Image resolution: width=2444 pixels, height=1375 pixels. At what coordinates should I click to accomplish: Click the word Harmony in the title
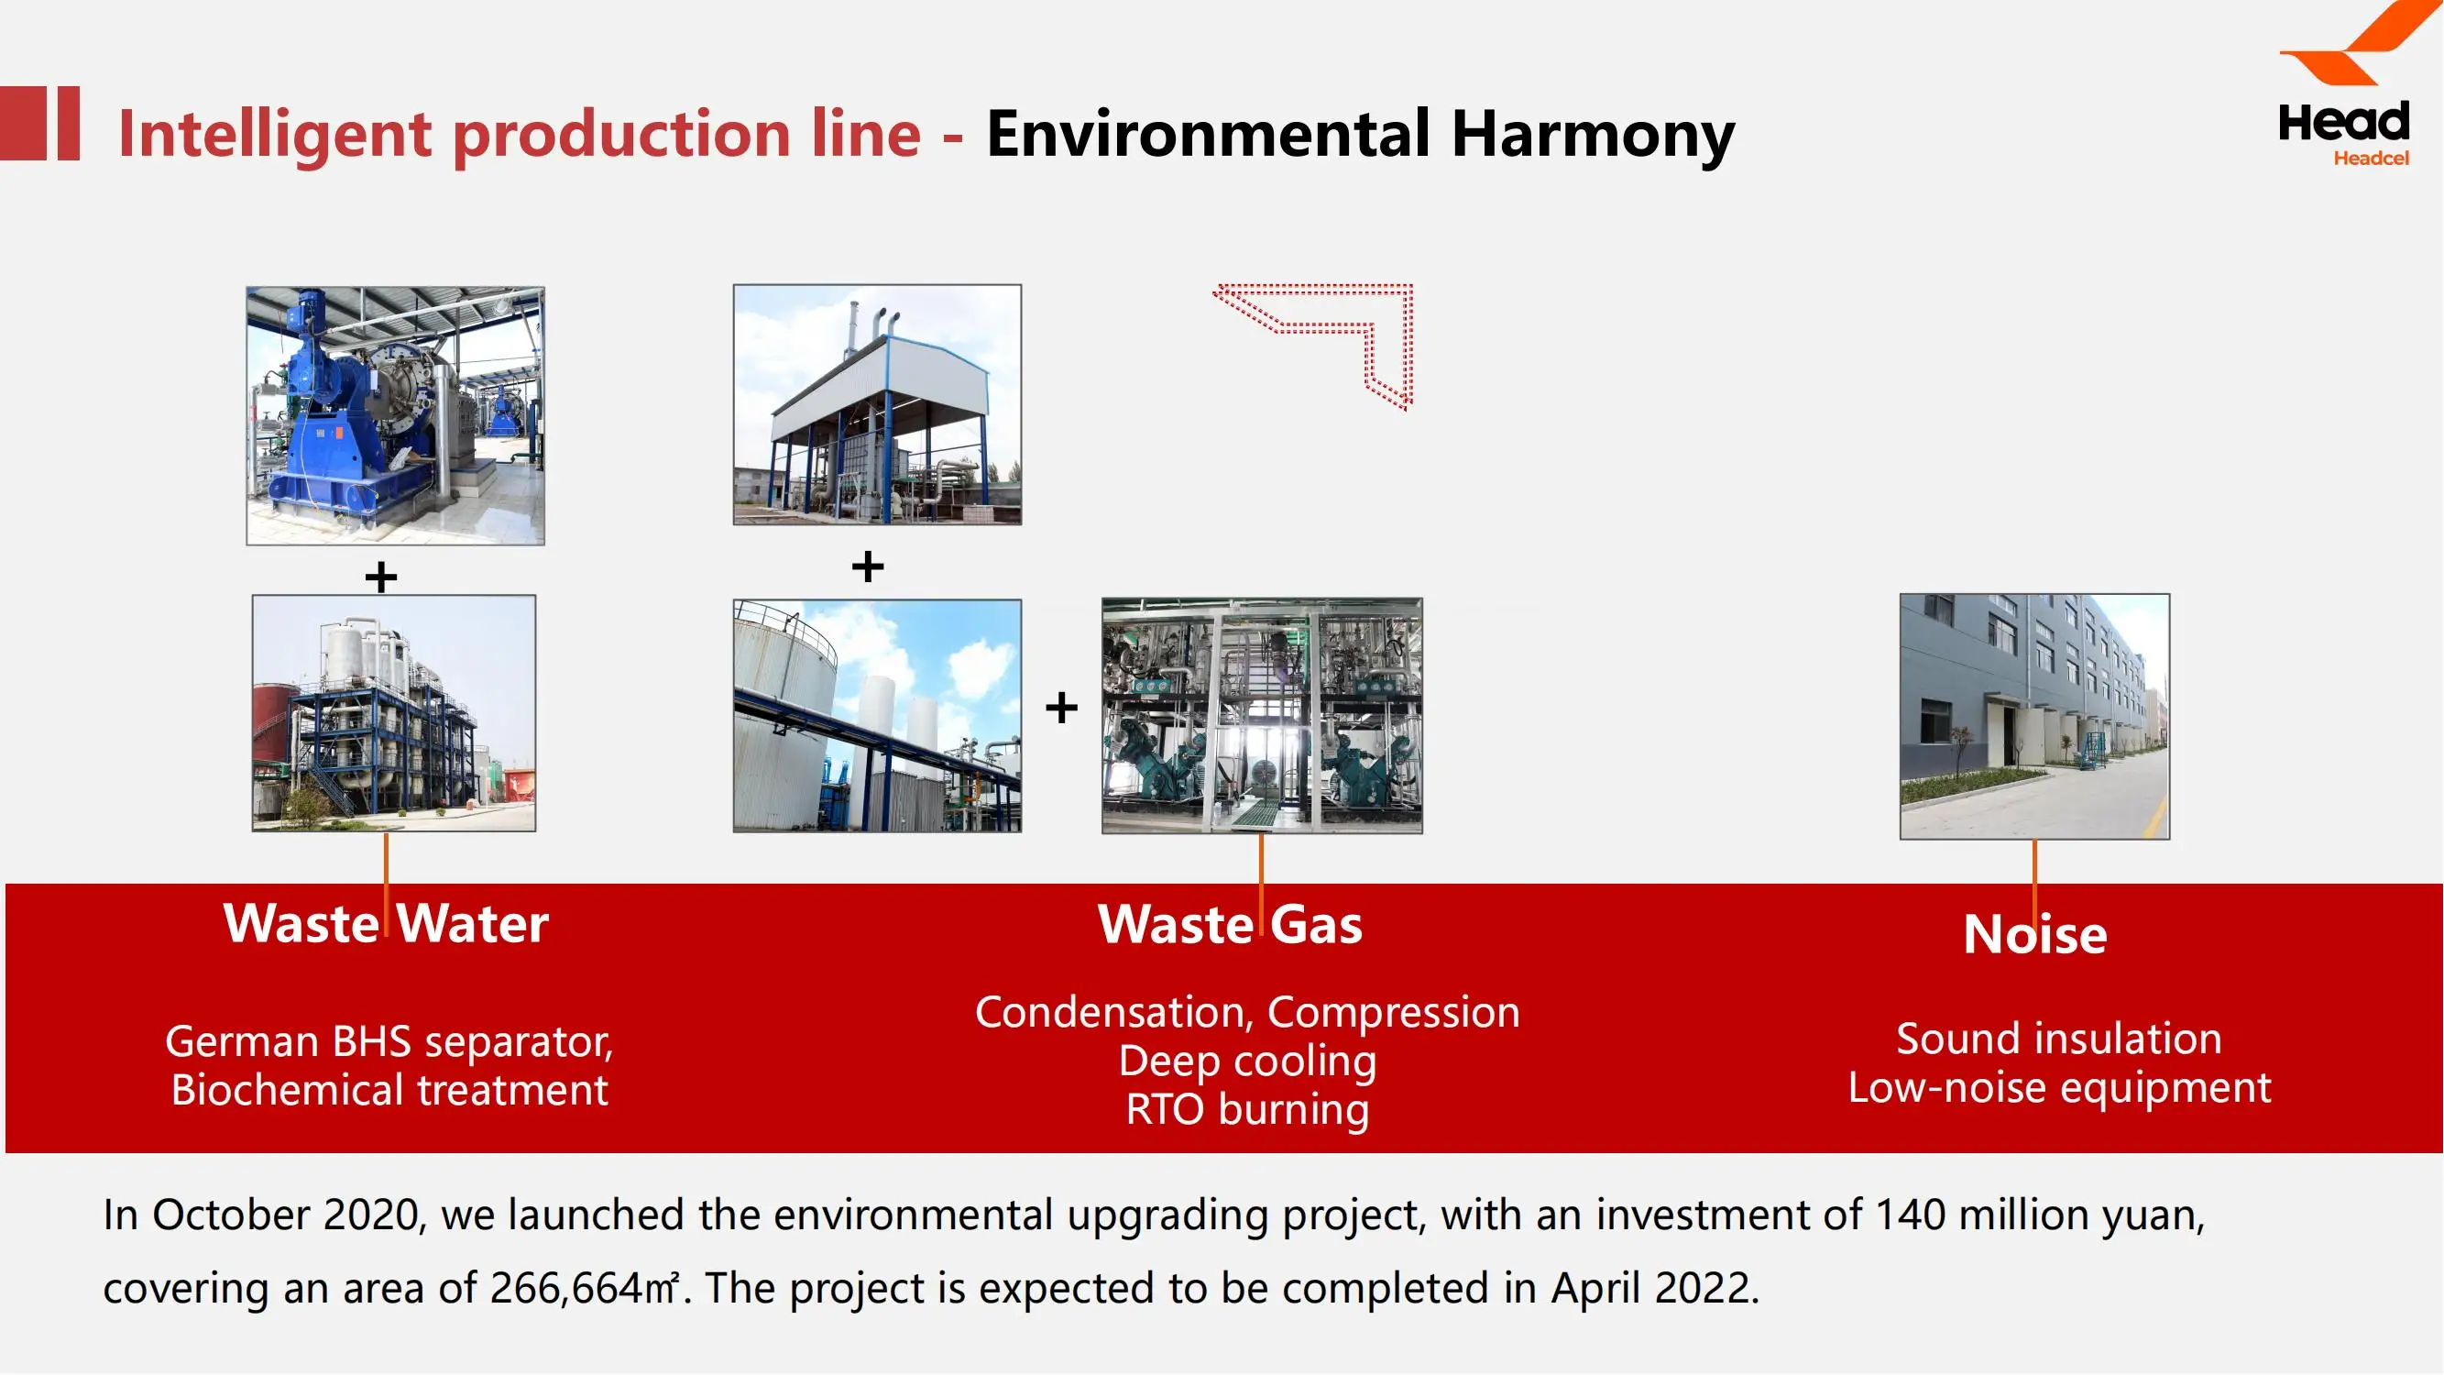pyautogui.click(x=1593, y=135)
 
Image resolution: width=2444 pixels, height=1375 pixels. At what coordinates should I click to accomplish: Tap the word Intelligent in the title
pyautogui.click(x=275, y=135)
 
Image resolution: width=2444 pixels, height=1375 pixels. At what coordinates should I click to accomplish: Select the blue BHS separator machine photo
pyautogui.click(x=396, y=415)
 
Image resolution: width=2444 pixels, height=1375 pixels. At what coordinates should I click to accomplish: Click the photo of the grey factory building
pyautogui.click(x=2034, y=717)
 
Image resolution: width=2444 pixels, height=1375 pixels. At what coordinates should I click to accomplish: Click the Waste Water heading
pyautogui.click(x=386, y=923)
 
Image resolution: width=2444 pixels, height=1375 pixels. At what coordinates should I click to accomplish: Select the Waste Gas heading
pyautogui.click(x=1231, y=924)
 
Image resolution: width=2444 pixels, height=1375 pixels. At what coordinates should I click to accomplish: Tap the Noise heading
pyautogui.click(x=2035, y=934)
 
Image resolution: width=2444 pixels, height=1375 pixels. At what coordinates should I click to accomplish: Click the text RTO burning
pyautogui.click(x=1247, y=1109)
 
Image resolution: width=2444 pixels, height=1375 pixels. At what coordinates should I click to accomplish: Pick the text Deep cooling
pyautogui.click(x=1247, y=1061)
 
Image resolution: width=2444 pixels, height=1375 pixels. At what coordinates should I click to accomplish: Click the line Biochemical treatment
pyautogui.click(x=389, y=1089)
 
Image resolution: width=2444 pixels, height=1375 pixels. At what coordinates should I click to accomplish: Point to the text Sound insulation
pyautogui.click(x=2059, y=1039)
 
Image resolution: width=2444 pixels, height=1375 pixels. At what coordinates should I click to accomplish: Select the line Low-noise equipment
pyautogui.click(x=2060, y=1087)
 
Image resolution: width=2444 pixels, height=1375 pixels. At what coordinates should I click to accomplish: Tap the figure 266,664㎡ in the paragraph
pyautogui.click(x=585, y=1288)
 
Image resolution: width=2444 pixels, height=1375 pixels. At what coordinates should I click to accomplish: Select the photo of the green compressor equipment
pyautogui.click(x=1262, y=716)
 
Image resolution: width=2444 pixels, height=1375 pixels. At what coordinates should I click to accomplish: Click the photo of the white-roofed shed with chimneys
pyautogui.click(x=878, y=404)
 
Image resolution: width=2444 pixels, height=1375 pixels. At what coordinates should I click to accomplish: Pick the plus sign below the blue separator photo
pyautogui.click(x=381, y=577)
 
